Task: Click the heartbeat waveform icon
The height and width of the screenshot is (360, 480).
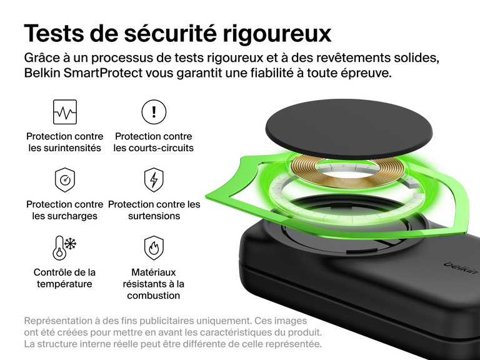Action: point(65,112)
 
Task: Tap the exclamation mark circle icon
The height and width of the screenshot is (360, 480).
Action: point(154,112)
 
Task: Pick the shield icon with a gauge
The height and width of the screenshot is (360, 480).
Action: point(65,180)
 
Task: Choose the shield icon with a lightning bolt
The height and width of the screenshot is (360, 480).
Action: point(154,180)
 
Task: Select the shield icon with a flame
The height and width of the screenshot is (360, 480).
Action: point(154,247)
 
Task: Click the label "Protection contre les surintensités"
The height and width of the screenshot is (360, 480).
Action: point(65,142)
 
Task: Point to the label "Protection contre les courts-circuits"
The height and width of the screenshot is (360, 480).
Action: point(154,142)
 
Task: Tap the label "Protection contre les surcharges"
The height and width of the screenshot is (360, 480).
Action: point(65,210)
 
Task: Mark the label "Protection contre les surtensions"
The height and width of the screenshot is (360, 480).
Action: point(154,210)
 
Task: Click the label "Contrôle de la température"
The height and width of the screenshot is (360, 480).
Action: point(64,278)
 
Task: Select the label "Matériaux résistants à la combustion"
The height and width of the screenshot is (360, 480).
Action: point(154,284)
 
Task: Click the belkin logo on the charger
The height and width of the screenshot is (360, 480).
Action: point(461,266)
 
